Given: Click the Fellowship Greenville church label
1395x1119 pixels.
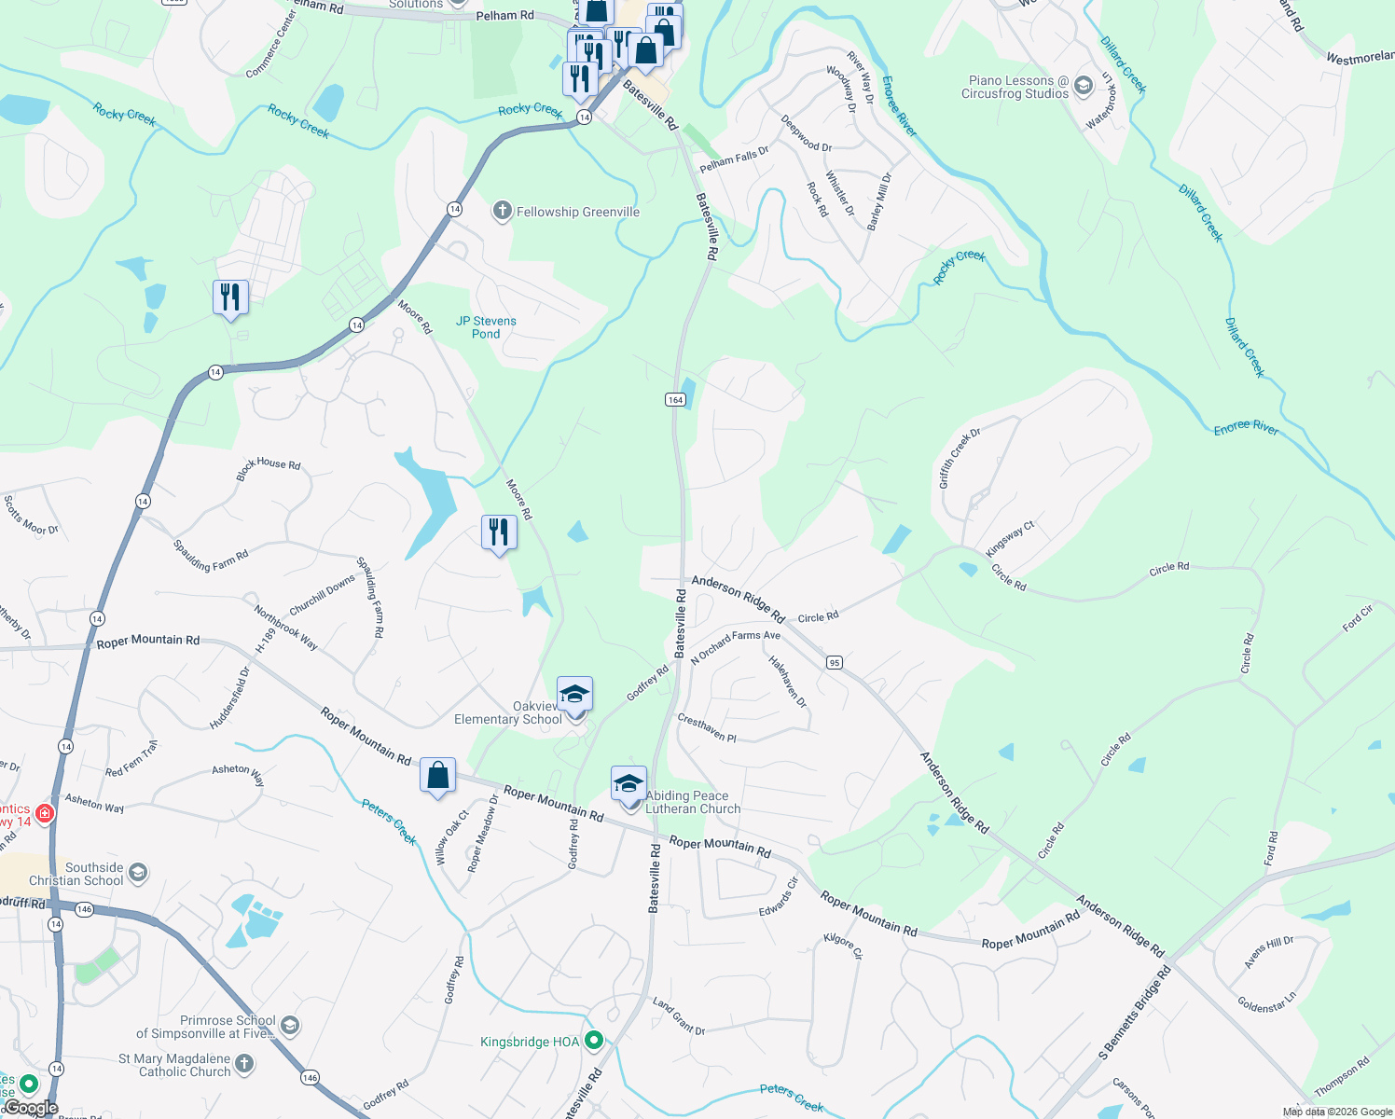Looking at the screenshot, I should click(x=577, y=212).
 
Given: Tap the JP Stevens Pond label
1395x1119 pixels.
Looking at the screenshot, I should click(x=486, y=327).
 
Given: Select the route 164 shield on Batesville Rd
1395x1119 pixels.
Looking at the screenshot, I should click(x=675, y=399).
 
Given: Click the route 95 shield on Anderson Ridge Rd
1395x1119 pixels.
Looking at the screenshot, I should click(x=834, y=662).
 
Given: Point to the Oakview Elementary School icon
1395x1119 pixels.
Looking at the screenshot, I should click(x=574, y=694).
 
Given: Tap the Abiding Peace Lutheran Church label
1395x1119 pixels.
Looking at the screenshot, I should click(x=692, y=802).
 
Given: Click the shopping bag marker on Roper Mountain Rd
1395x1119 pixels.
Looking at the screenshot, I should click(x=437, y=775).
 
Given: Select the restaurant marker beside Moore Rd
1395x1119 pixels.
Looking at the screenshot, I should click(x=499, y=532).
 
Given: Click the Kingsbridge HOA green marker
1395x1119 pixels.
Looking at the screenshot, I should click(x=594, y=1041).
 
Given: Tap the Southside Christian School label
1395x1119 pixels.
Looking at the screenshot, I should click(x=76, y=874).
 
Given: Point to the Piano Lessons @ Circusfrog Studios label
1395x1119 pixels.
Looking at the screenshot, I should click(x=1015, y=87).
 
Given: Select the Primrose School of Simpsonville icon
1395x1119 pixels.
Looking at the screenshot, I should click(x=290, y=1026).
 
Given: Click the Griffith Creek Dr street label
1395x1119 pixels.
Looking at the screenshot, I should click(x=960, y=458).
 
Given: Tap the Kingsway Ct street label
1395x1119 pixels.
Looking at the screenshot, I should click(x=1010, y=539).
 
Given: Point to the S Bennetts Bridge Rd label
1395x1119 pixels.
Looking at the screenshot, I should click(x=1134, y=1013).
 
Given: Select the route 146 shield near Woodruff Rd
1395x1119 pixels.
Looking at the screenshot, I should click(x=84, y=909).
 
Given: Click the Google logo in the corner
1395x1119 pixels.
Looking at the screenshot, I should click(x=31, y=1108).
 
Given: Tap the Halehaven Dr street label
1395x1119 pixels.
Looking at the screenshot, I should click(x=787, y=681).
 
